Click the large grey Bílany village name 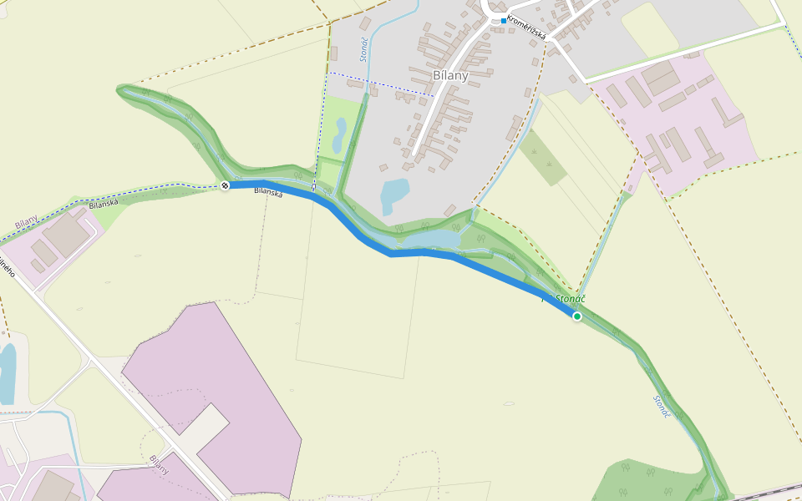(450, 75)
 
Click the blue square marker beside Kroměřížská (504, 20)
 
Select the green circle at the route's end (576, 316)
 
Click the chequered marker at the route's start (225, 185)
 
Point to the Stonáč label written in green (570, 298)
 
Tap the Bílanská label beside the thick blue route (268, 192)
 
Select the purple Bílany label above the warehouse (26, 223)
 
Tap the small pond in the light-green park (340, 134)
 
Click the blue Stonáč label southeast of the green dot (662, 407)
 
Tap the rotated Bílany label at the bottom (159, 464)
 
